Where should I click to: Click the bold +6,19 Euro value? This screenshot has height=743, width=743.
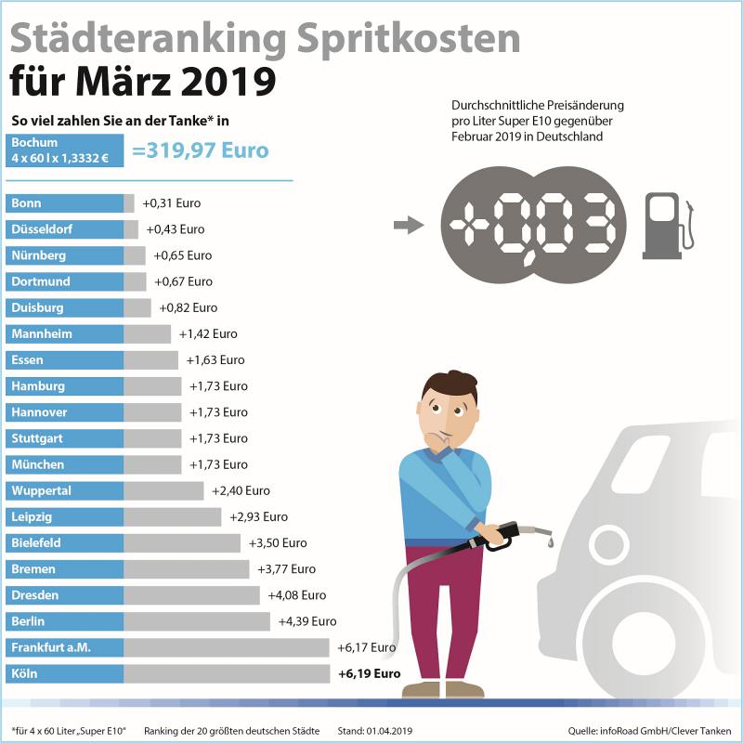pos(370,673)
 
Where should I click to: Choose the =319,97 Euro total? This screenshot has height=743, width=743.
pos(201,150)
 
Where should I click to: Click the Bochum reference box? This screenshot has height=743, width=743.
pos(64,150)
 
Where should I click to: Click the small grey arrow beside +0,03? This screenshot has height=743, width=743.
pos(408,225)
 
